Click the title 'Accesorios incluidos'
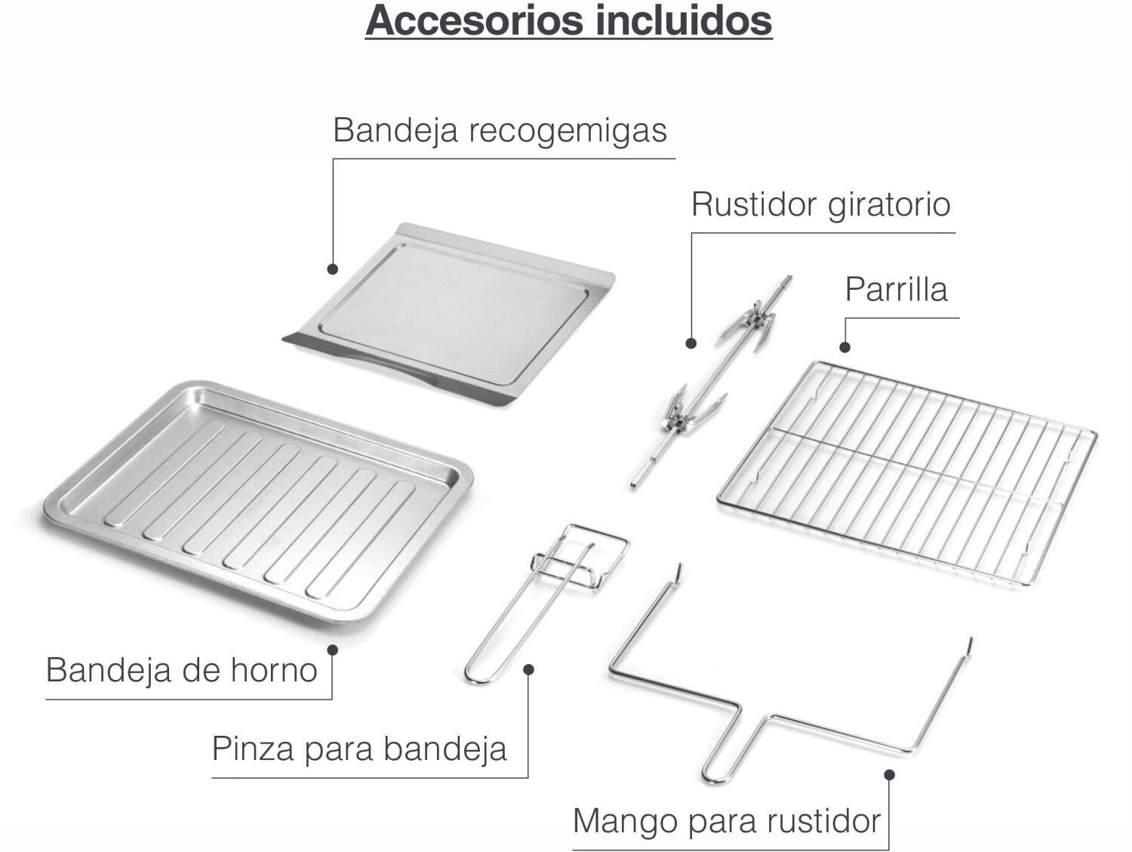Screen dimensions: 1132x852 (568, 20)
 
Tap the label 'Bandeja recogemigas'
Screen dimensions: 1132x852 (500, 130)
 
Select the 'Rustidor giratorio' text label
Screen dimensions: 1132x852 (820, 205)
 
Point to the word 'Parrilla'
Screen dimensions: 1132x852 (896, 290)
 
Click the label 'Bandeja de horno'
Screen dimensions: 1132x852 (181, 670)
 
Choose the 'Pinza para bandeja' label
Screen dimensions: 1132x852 (359, 749)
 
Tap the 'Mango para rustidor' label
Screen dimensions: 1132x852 (727, 821)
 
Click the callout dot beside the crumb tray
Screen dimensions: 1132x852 (332, 269)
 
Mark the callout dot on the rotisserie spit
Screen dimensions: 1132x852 (691, 343)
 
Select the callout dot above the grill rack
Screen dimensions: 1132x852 (845, 347)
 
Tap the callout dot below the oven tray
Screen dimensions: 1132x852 (332, 650)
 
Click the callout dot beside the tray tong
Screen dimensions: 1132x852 (528, 669)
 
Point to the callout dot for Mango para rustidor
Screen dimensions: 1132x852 (889, 775)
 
